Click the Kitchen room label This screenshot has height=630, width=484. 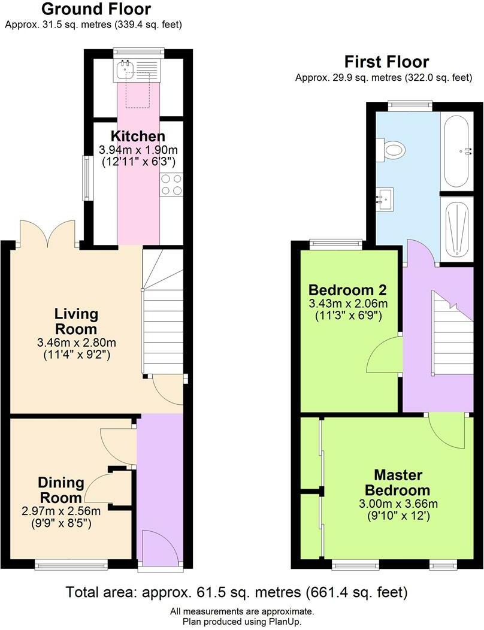point(137,136)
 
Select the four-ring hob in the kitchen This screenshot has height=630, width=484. point(171,184)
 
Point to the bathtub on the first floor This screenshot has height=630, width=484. point(458,150)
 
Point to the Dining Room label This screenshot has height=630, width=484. point(60,490)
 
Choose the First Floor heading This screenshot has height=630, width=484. point(386,62)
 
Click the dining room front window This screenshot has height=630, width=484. point(71,564)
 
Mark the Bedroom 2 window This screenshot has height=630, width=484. point(335,244)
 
